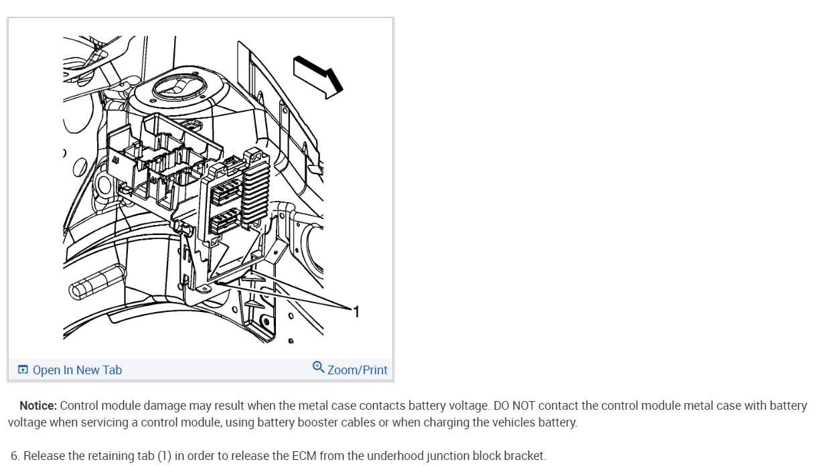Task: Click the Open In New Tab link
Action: (77, 370)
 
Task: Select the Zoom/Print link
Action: (357, 370)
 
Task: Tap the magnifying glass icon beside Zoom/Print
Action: (319, 367)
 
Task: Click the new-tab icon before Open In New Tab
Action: (23, 370)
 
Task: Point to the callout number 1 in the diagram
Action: (356, 311)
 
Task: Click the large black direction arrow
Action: (318, 76)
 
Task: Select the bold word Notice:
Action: (39, 406)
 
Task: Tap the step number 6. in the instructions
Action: (15, 456)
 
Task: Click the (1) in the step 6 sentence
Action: (164, 456)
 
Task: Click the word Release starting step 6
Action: (44, 456)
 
